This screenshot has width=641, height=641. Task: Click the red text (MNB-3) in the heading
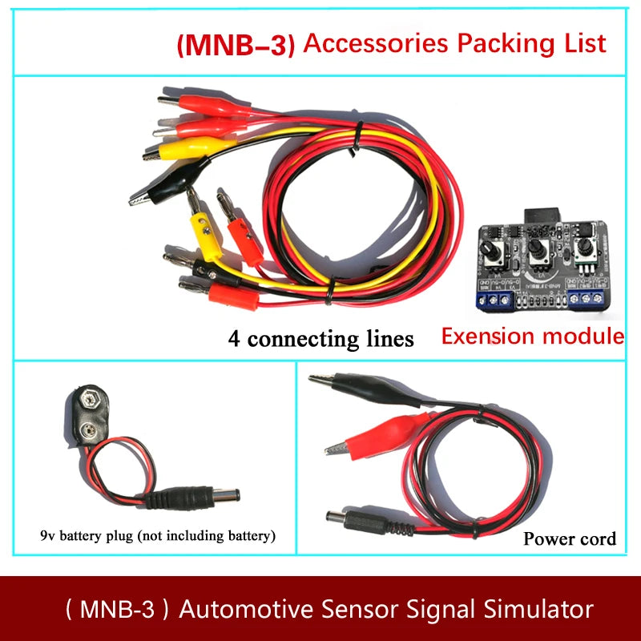tap(236, 44)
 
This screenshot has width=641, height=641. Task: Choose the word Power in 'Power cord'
tap(550, 538)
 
